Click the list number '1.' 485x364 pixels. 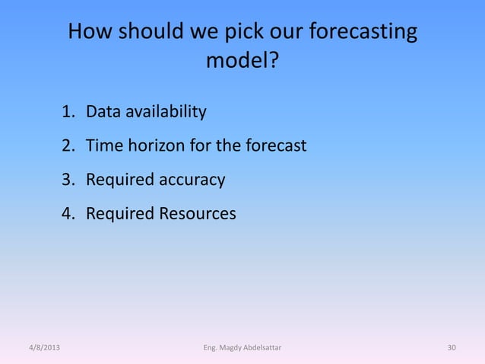pyautogui.click(x=69, y=113)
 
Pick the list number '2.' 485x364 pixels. pyautogui.click(x=69, y=145)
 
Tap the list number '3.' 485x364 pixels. pyautogui.click(x=69, y=180)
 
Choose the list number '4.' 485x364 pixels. pyautogui.click(x=69, y=214)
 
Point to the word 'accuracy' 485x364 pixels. pyautogui.click(x=189, y=180)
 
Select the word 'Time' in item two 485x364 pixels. pyautogui.click(x=103, y=145)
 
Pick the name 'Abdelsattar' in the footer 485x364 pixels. pyautogui.click(x=263, y=349)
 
